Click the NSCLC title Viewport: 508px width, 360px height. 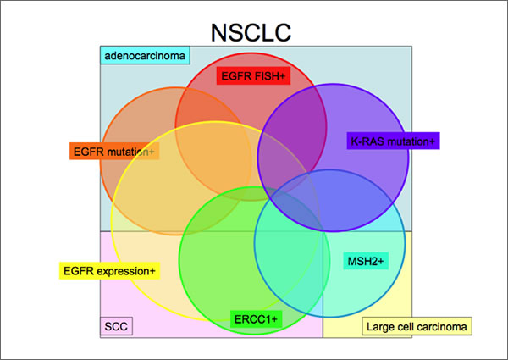coord(253,33)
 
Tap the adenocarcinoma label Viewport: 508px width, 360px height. coord(146,57)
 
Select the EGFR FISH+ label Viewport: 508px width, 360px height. coord(253,76)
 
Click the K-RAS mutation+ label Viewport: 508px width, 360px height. coord(392,141)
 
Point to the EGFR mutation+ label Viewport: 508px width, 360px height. coord(113,152)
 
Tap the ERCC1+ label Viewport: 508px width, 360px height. coord(255,318)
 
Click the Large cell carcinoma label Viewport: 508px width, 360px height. coord(416,326)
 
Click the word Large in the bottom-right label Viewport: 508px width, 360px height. coord(379,326)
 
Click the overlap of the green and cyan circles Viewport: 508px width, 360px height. coord(292,246)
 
